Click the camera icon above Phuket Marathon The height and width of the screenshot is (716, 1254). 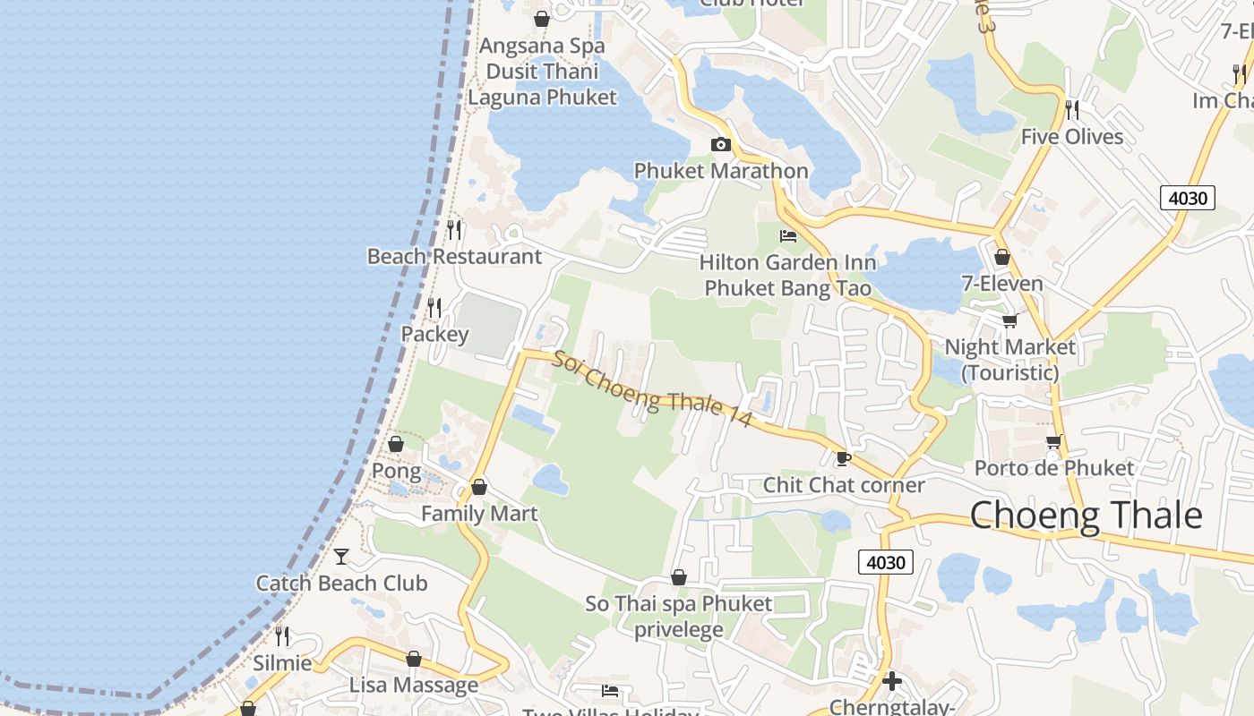point(720,145)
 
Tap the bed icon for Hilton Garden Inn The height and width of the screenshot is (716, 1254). point(788,236)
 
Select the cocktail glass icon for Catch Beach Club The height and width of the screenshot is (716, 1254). point(341,557)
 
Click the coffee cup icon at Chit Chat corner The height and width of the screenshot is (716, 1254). point(843,459)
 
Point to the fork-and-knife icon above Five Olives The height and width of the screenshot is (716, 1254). point(1071,110)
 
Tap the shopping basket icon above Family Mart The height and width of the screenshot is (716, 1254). point(479,488)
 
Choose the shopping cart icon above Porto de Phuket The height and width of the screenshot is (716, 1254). point(1054,441)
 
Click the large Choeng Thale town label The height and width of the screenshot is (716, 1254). point(1086,516)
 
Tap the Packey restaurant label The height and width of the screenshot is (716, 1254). point(434,335)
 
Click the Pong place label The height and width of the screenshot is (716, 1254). point(396,471)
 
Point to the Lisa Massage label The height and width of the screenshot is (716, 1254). point(414,686)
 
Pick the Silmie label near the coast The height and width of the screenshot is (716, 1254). point(282,663)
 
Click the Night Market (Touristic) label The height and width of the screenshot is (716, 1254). point(1010,359)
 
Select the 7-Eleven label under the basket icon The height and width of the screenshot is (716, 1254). point(1002,285)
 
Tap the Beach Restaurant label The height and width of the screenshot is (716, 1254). point(454,257)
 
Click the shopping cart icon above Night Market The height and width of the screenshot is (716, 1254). point(1010,320)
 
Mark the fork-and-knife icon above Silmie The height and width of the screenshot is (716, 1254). point(282,636)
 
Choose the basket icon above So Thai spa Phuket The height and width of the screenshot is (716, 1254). point(679,577)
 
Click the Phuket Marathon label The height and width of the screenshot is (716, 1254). point(721,171)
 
